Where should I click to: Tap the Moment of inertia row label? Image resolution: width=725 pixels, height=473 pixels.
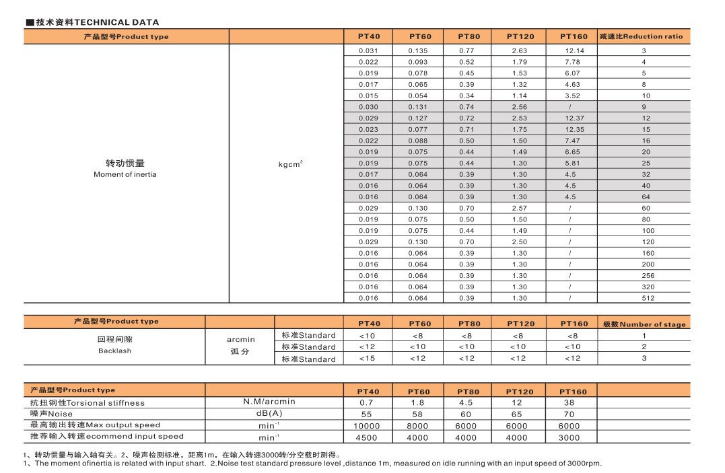point(125,168)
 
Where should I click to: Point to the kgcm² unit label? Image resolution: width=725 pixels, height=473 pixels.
point(290,163)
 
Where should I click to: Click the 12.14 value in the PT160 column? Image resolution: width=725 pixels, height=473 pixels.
point(574,50)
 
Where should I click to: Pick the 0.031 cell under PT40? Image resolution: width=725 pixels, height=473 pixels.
point(368,50)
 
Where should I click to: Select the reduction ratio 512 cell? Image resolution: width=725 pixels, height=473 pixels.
point(644,298)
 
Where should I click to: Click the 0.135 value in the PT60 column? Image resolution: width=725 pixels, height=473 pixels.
point(418,50)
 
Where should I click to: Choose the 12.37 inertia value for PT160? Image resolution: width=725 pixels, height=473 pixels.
point(574,118)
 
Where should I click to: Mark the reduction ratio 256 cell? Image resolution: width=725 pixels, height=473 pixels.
point(644,276)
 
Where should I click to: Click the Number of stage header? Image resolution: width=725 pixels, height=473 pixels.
point(644,324)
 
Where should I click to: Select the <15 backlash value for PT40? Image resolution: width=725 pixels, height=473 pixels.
point(367,359)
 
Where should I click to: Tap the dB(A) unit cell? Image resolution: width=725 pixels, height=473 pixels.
point(269,414)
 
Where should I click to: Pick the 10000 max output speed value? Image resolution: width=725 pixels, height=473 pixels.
point(366,425)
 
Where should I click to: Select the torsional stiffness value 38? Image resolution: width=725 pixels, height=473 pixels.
point(569,402)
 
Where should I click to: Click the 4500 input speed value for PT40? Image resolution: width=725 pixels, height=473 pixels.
point(366,437)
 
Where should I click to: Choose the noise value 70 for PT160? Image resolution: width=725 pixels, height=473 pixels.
point(569,414)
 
